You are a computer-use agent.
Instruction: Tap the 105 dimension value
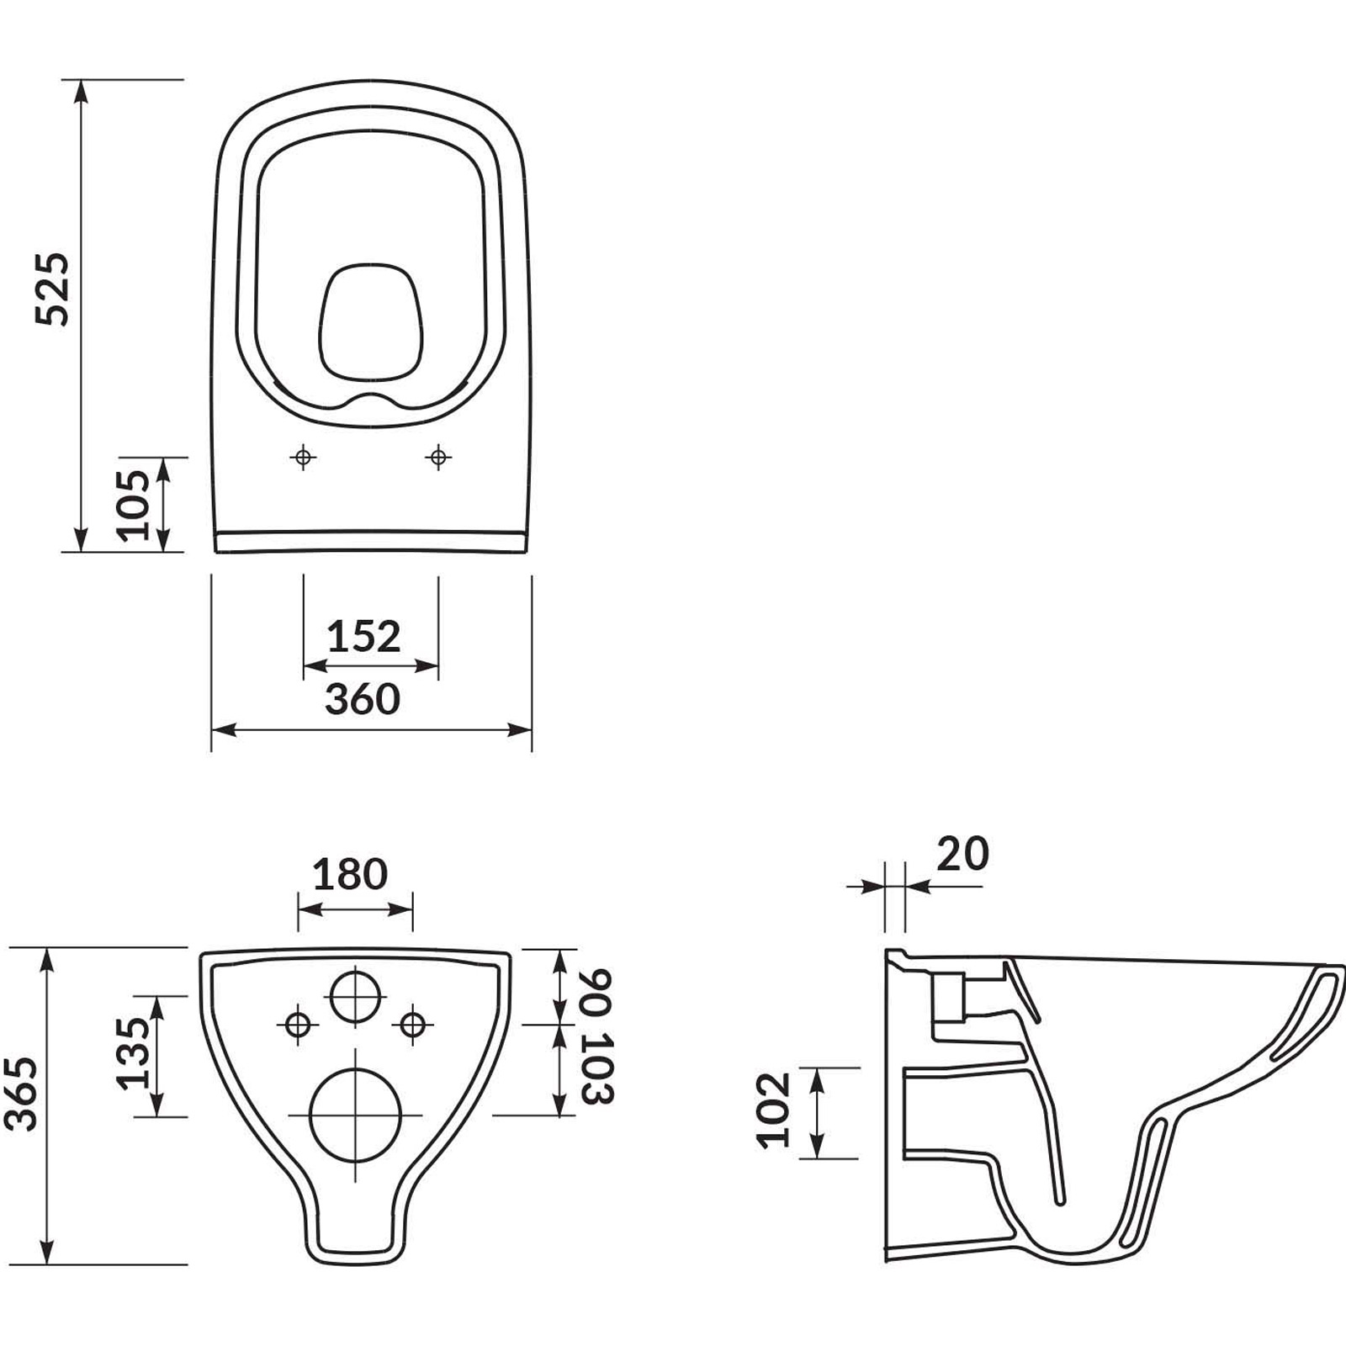[x=133, y=505]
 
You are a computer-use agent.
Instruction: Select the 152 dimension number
[x=363, y=637]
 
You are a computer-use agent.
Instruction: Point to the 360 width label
[x=363, y=699]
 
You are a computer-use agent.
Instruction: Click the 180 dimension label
[x=350, y=874]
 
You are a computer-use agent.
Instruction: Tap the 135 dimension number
[x=132, y=1054]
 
